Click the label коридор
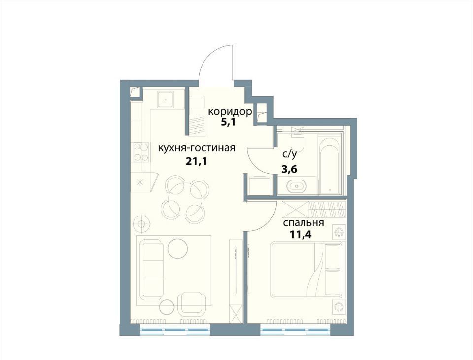(x=230, y=112)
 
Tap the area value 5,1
(x=229, y=123)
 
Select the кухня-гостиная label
(x=196, y=148)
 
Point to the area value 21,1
(x=196, y=162)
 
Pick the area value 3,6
(x=289, y=169)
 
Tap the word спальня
(x=303, y=223)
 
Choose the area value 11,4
(x=300, y=234)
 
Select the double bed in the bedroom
(x=307, y=270)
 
